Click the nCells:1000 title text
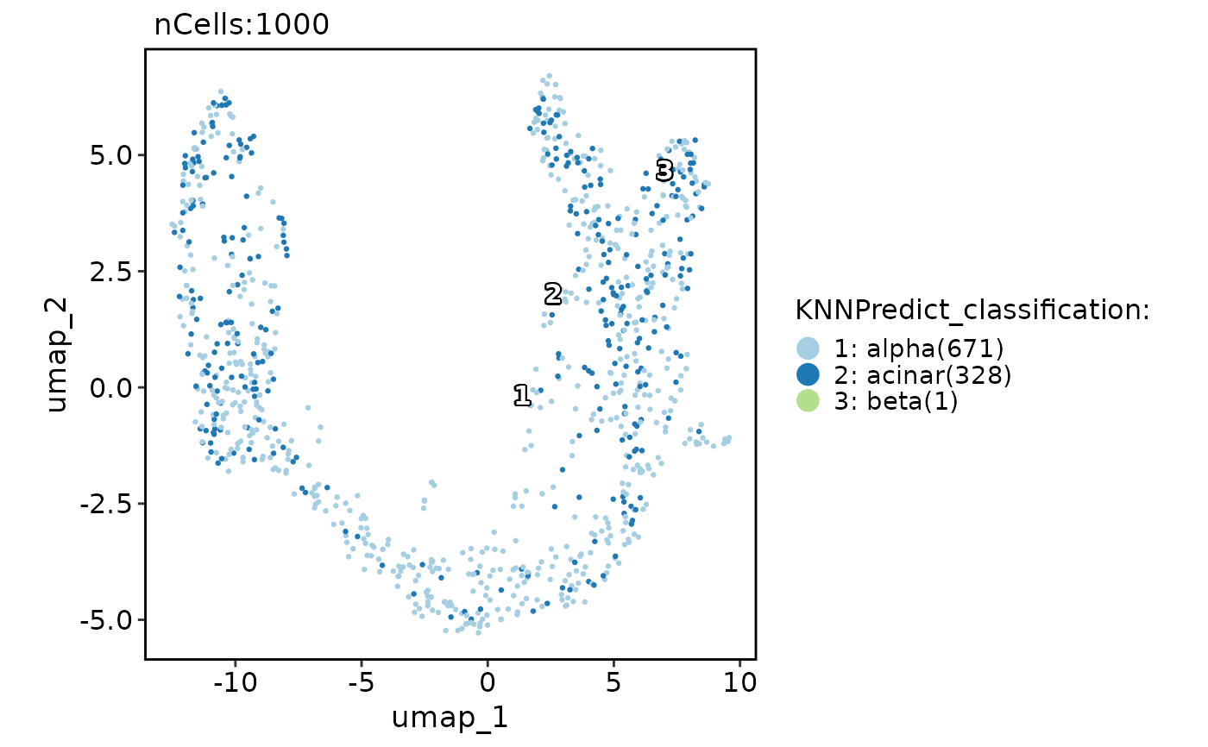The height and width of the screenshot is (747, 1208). pos(242,25)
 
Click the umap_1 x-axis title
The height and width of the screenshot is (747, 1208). pos(449,717)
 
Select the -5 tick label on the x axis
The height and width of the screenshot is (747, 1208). pos(360,682)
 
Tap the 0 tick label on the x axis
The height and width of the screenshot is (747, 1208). pos(487,682)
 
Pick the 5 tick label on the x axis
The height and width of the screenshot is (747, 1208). pos(613,682)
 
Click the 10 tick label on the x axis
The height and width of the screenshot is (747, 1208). pos(739,682)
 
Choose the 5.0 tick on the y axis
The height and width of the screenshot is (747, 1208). pos(112,155)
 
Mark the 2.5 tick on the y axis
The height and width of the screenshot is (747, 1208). pos(112,272)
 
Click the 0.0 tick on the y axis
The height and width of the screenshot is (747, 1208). pos(112,387)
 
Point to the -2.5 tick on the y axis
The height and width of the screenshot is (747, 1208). pos(107,504)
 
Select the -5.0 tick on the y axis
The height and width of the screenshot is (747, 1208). pos(107,619)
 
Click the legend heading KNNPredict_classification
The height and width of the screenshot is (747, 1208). pos(972,311)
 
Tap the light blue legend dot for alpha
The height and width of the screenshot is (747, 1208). pos(808,349)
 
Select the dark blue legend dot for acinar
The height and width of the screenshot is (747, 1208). pos(808,375)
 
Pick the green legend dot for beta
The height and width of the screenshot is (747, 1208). pos(808,401)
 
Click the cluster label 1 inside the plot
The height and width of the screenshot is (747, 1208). pos(521,396)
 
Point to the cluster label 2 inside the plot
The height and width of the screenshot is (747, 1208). pos(553,295)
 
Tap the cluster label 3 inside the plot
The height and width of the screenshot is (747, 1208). pos(664,171)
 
